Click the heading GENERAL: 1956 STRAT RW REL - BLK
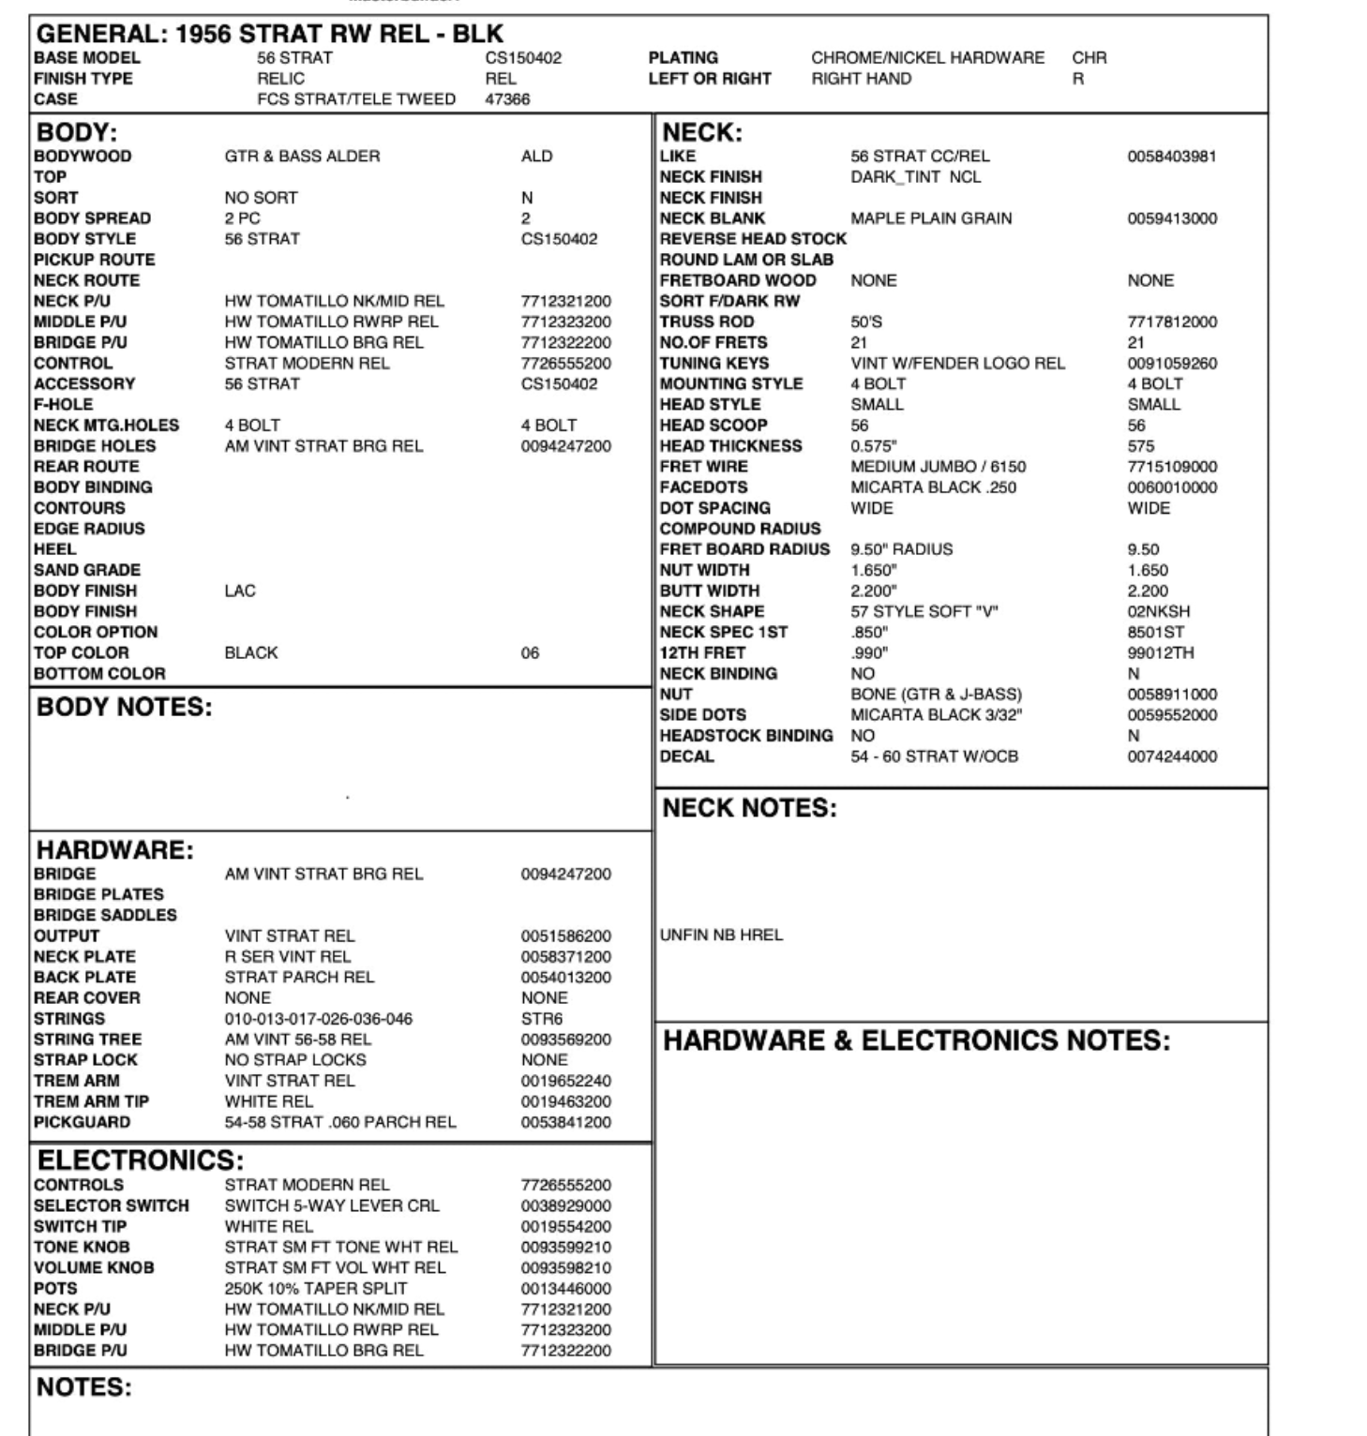point(270,35)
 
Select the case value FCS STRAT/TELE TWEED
point(356,99)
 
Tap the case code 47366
point(507,99)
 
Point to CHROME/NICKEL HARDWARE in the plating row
point(927,58)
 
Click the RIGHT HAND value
point(861,79)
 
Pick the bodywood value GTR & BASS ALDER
point(302,157)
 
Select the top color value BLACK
point(251,652)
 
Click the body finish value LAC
point(240,591)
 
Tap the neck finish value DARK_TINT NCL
point(915,177)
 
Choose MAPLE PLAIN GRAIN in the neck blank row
point(931,218)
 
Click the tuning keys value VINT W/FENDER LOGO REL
point(957,363)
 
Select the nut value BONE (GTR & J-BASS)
point(936,695)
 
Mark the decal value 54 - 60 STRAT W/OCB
point(934,756)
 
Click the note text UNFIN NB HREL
point(721,935)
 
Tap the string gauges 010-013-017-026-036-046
point(318,1019)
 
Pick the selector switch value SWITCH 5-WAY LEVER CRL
point(331,1205)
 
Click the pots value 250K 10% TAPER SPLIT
point(316,1288)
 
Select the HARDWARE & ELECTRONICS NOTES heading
point(916,1040)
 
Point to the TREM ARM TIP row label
point(91,1101)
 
